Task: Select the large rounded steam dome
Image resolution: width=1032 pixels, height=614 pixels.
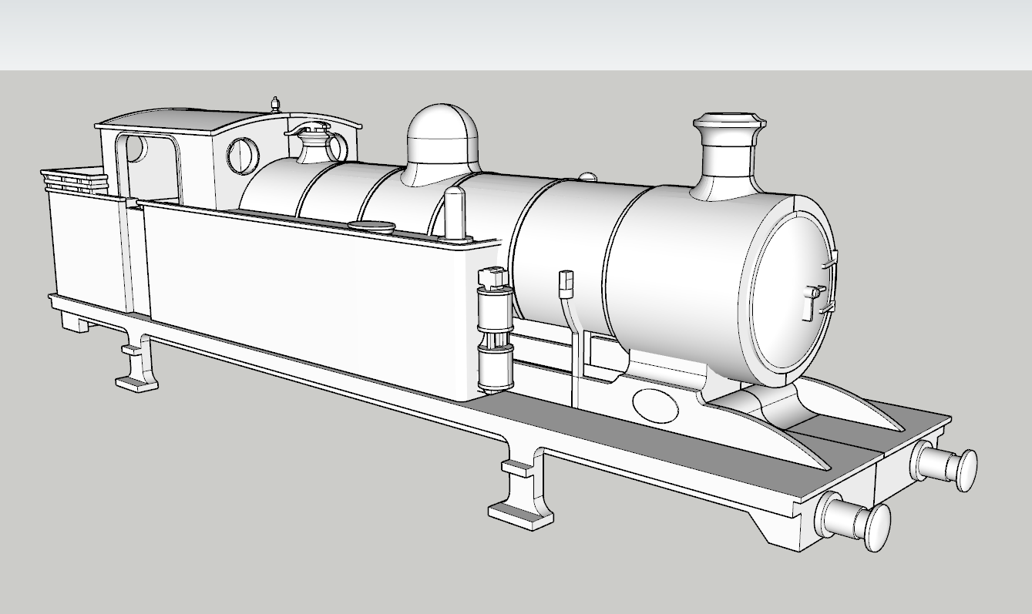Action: (x=442, y=143)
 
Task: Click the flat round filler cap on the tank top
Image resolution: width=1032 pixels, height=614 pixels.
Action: (x=371, y=226)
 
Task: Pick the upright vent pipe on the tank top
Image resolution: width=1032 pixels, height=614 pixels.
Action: (x=455, y=213)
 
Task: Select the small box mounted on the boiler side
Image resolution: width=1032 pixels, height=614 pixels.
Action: (x=566, y=282)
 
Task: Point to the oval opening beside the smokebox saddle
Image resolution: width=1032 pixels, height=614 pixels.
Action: (x=654, y=404)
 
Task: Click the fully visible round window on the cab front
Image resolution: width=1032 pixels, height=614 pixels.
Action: (x=244, y=156)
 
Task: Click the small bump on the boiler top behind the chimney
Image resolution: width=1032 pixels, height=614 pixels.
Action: (x=587, y=177)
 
